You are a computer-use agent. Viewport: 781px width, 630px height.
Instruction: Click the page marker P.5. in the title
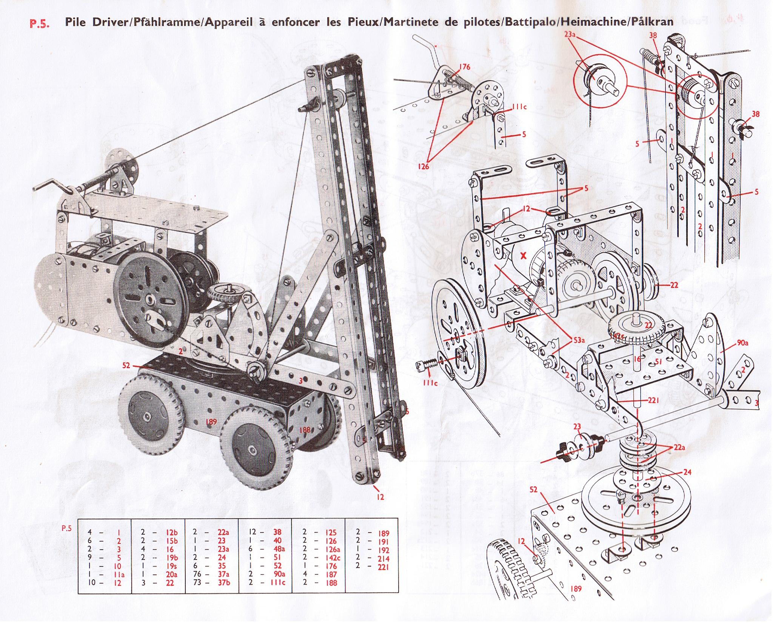(x=40, y=22)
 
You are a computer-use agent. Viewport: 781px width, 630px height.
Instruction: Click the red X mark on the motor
(x=523, y=256)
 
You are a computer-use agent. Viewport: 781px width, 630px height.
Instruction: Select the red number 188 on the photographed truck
(x=304, y=429)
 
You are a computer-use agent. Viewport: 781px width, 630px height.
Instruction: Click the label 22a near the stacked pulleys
(x=679, y=447)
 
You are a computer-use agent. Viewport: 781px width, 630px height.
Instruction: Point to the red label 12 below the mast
(x=380, y=497)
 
